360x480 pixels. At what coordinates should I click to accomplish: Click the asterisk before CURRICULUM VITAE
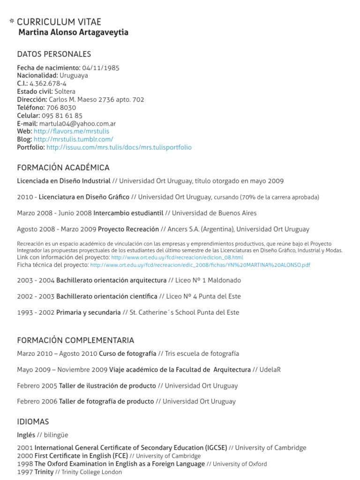[12, 22]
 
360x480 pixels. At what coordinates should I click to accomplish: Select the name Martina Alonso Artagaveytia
[73, 32]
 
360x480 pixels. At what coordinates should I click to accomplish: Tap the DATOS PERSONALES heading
[54, 54]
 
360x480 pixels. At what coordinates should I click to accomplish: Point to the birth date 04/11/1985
[100, 67]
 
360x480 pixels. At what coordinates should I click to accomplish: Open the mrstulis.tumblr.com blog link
[73, 139]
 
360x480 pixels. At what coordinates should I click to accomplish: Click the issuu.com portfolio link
[119, 147]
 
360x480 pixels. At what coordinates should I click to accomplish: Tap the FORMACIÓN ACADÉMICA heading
[63, 167]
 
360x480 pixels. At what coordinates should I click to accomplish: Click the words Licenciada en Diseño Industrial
[64, 181]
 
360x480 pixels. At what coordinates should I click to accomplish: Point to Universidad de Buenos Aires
[214, 213]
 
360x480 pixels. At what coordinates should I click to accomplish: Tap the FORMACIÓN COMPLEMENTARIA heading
[75, 340]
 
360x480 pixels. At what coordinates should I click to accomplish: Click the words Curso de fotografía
[127, 353]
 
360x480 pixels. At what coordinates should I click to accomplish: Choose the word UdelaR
[270, 370]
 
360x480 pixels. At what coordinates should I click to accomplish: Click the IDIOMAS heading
[33, 421]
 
